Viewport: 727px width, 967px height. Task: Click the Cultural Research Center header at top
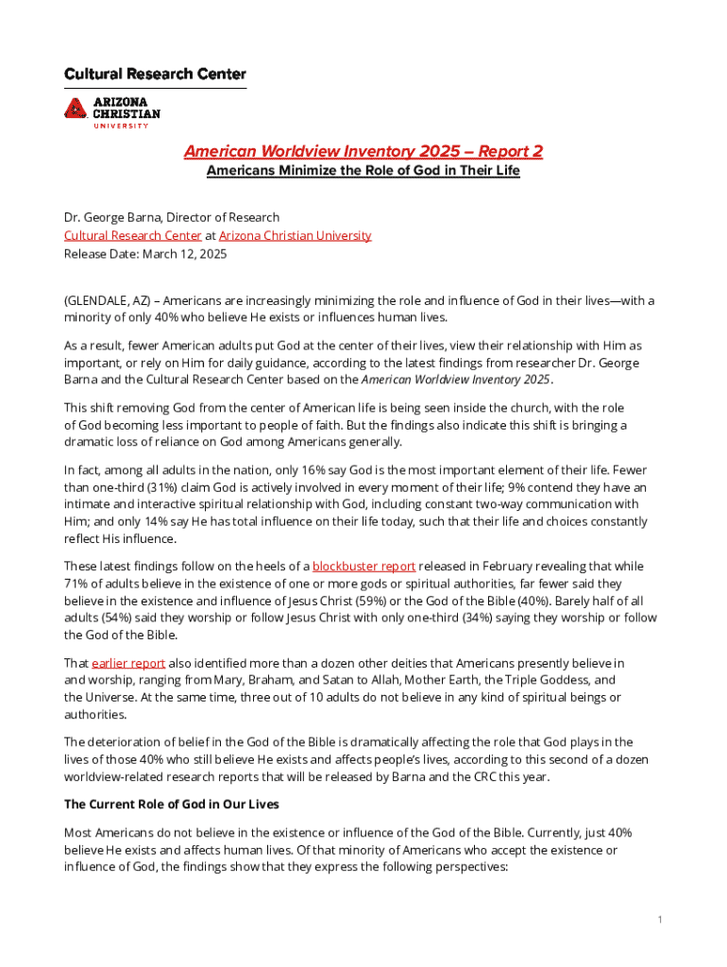155,74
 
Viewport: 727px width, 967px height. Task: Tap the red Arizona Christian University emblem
76,107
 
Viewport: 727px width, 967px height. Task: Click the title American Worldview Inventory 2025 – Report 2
363,152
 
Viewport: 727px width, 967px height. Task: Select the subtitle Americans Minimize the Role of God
363,172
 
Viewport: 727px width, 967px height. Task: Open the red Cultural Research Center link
132,235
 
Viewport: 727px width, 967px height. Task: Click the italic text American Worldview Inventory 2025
455,380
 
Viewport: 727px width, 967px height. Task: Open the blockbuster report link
363,567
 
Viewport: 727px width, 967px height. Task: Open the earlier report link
118,664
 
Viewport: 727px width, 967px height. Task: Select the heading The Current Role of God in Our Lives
171,806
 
